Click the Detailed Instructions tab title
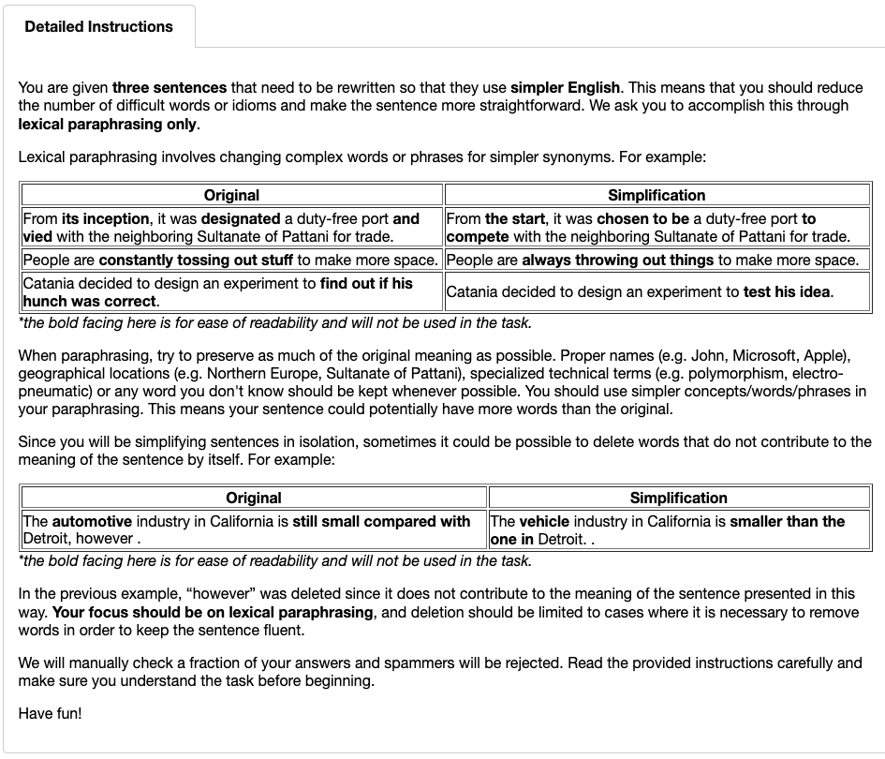(x=98, y=26)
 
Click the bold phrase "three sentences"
(x=170, y=87)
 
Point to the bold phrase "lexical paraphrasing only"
(x=108, y=124)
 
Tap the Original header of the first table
(x=231, y=195)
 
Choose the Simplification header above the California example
(x=678, y=498)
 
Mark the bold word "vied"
(x=37, y=236)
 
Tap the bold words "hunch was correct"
(x=90, y=301)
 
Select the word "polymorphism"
(x=750, y=373)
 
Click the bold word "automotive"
(x=92, y=521)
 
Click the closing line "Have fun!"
(x=50, y=713)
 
